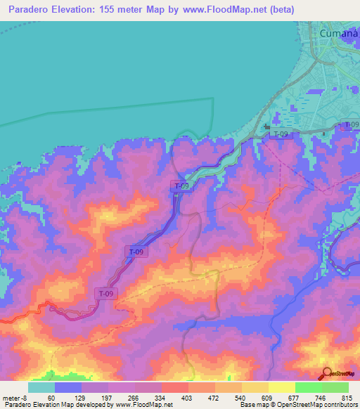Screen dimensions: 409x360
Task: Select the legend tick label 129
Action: (x=81, y=398)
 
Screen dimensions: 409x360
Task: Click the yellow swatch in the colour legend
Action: (x=281, y=387)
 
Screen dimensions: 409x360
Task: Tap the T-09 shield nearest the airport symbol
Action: (x=280, y=134)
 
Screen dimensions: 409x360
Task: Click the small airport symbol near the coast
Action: (x=266, y=127)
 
